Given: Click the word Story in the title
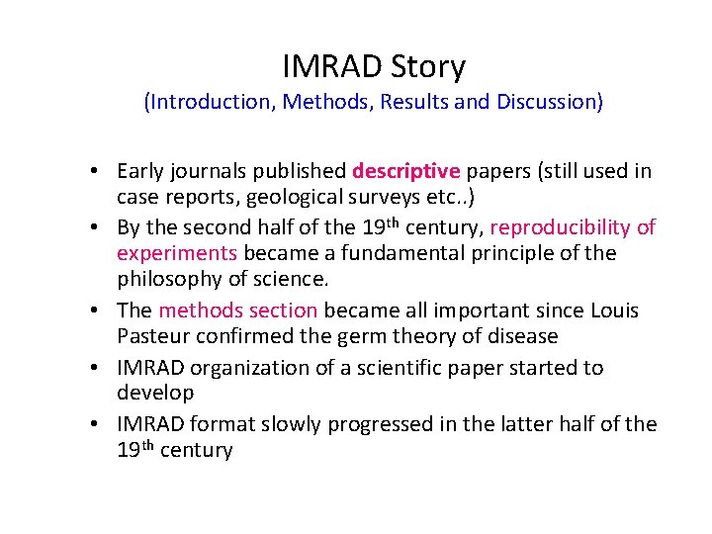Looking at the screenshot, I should point(428,67).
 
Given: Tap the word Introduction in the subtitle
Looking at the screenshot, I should point(210,102).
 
